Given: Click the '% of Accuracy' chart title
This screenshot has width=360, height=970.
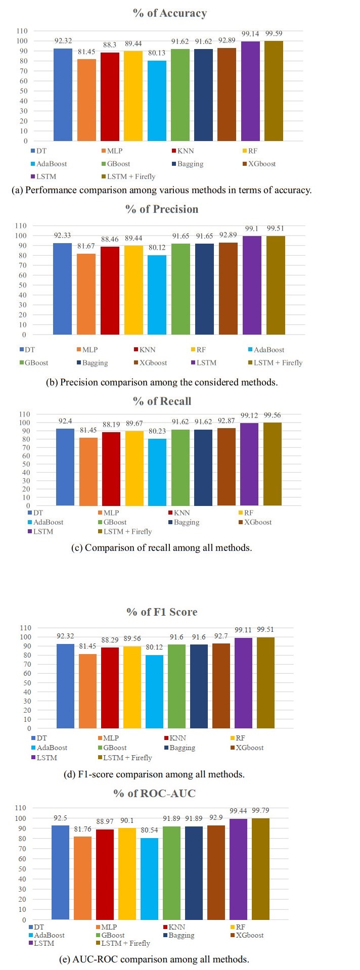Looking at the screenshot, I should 170,13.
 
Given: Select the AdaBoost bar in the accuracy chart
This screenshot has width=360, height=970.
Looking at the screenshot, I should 157,101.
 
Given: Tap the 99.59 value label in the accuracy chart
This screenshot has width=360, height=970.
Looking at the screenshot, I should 274,34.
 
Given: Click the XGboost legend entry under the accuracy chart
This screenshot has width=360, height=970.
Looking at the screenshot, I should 259,164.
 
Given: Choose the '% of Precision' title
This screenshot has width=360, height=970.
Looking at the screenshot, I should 162,209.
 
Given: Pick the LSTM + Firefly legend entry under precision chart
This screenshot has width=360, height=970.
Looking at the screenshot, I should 278,362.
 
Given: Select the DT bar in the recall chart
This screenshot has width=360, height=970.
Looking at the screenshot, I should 65,467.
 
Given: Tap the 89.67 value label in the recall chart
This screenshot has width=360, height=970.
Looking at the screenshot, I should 134,423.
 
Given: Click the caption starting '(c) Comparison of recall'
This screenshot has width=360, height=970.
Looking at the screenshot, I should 161,547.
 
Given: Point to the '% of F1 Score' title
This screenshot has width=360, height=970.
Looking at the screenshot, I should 162,612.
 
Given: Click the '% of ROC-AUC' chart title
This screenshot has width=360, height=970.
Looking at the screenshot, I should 154,793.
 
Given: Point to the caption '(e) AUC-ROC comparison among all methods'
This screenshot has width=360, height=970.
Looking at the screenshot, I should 154,959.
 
